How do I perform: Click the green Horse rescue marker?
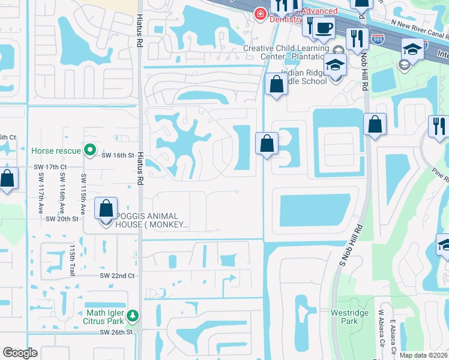90,149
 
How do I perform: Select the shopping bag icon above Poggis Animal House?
106,209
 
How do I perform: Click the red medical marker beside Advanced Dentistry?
260,14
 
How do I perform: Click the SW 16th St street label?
116,155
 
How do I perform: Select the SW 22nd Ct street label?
118,275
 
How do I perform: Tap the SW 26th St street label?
115,332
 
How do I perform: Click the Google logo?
20,352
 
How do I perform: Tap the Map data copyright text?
423,355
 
